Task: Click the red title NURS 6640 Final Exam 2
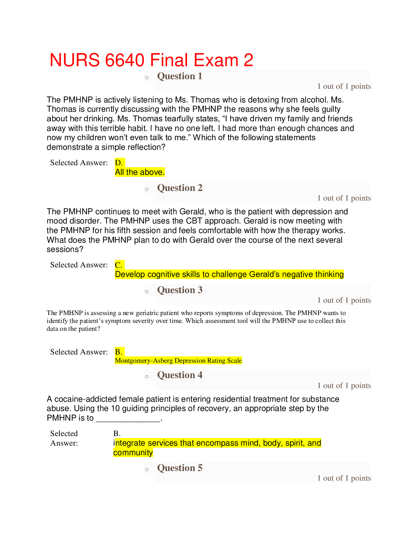pos(151,60)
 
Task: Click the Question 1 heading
pos(179,76)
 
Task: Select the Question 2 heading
pos(179,188)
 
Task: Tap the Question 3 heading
pos(179,290)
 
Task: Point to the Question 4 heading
pos(179,375)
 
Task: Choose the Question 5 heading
pos(179,468)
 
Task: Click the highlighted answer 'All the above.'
pos(140,172)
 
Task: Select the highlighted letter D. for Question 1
pos(119,162)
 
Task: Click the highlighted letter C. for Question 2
pos(119,265)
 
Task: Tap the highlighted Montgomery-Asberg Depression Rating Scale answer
pos(178,361)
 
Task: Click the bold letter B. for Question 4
pos(117,433)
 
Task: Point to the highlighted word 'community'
pos(133,452)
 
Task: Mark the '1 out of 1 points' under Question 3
pos(344,300)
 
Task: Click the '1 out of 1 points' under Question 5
pos(344,478)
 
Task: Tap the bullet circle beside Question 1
pos(147,78)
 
